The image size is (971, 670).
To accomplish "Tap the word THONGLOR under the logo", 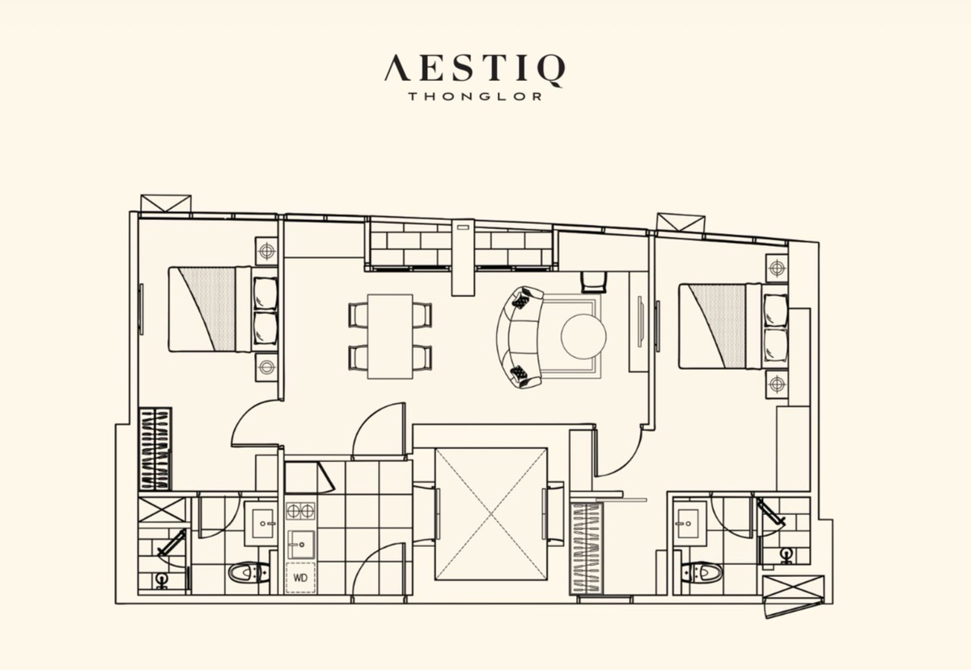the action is click(475, 96).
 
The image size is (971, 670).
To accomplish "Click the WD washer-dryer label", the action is click(300, 578).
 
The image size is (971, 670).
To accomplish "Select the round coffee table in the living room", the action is click(583, 336).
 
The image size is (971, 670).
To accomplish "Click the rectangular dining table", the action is click(390, 337).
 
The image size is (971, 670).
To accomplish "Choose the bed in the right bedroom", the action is click(733, 326).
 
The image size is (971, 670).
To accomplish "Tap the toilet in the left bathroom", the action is click(248, 573).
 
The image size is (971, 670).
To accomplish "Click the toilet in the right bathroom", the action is click(702, 573).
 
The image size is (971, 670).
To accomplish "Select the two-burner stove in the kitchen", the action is click(300, 511).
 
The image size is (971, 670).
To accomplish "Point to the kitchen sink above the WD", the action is click(301, 544).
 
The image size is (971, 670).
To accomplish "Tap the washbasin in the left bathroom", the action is click(261, 523).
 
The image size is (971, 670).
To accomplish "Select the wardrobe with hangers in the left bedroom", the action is click(155, 448).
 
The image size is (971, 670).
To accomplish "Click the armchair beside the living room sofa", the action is click(593, 282).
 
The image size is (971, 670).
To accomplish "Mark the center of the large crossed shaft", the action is click(491, 514).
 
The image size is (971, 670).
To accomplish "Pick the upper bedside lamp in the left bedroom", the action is click(266, 251).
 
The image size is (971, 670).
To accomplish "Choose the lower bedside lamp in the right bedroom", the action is click(777, 384).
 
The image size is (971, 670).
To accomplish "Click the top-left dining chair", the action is click(358, 314).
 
